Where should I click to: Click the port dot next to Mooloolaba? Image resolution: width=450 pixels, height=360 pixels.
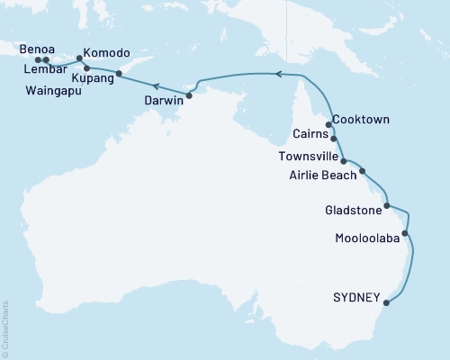[405, 234]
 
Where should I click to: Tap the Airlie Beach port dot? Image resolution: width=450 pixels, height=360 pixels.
[363, 170]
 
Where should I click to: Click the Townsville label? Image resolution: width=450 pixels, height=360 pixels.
[306, 156]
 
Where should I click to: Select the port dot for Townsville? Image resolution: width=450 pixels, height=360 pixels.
[344, 161]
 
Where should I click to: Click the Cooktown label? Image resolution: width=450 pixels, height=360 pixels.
[360, 119]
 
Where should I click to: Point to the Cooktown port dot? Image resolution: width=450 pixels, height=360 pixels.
[328, 125]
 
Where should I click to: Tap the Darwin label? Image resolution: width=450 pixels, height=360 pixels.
[164, 102]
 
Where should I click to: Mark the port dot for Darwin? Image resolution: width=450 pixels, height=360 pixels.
[189, 94]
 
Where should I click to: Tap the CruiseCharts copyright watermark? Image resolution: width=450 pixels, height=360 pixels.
[5, 328]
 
